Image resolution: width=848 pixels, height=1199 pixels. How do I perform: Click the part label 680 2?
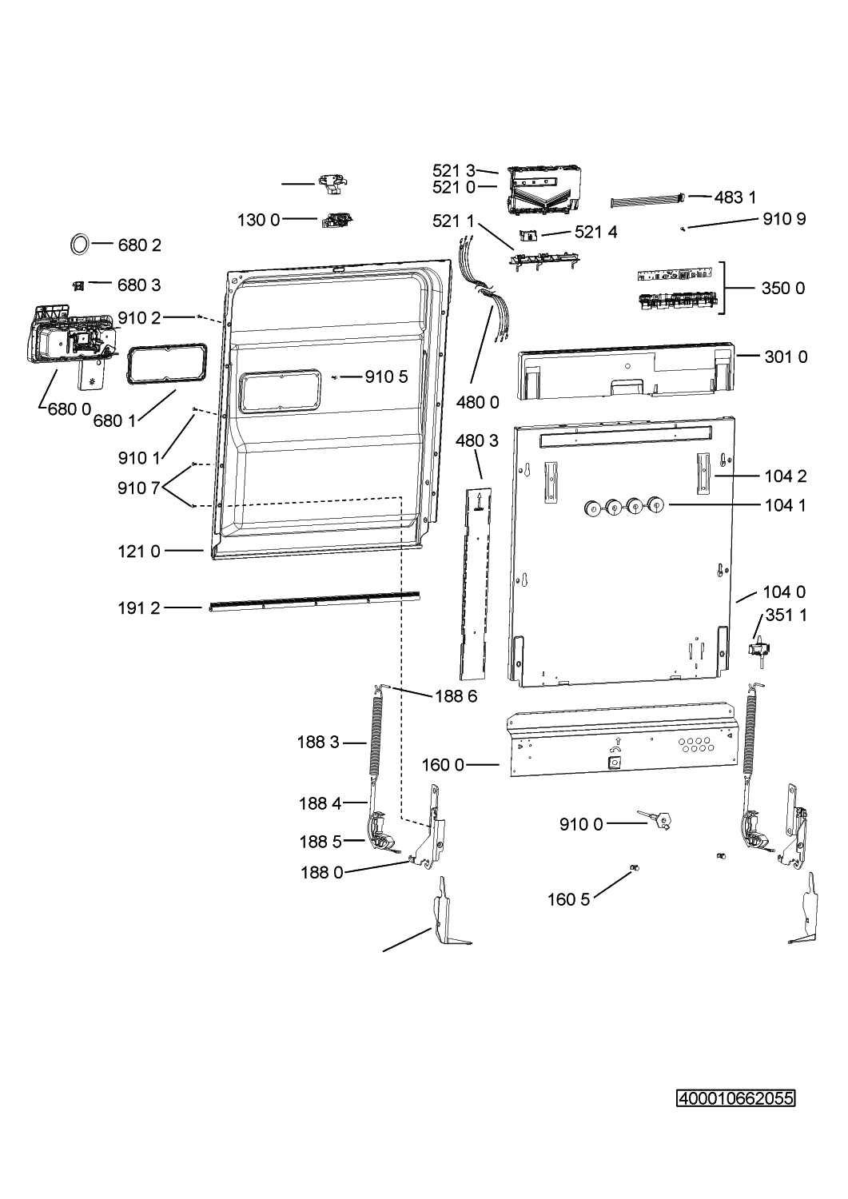(139, 245)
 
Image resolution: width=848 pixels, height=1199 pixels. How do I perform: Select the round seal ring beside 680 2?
(80, 244)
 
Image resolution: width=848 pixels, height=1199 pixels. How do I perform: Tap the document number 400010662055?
(735, 1098)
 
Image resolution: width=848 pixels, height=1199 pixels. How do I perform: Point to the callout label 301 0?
(786, 357)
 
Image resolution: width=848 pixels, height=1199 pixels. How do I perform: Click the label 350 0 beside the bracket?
(783, 289)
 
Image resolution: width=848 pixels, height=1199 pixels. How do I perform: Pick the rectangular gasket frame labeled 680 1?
(167, 364)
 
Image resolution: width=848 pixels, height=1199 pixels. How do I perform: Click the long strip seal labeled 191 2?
(314, 601)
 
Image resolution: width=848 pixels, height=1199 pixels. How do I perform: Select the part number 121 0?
(139, 552)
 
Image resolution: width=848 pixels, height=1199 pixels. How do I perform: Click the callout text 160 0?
(443, 765)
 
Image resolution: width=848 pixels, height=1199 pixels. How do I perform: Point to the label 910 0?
(581, 824)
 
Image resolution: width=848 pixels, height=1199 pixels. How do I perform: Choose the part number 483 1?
(735, 197)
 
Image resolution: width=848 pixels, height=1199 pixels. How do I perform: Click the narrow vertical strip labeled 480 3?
(476, 584)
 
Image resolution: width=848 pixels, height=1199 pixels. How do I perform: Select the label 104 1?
(786, 504)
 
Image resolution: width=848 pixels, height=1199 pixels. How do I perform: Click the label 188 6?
(456, 696)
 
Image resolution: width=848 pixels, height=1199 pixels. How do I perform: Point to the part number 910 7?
(139, 488)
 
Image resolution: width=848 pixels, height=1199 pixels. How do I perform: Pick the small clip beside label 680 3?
(78, 286)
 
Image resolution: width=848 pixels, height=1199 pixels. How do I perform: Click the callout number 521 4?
(596, 232)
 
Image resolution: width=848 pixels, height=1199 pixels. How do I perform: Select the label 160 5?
(568, 899)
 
